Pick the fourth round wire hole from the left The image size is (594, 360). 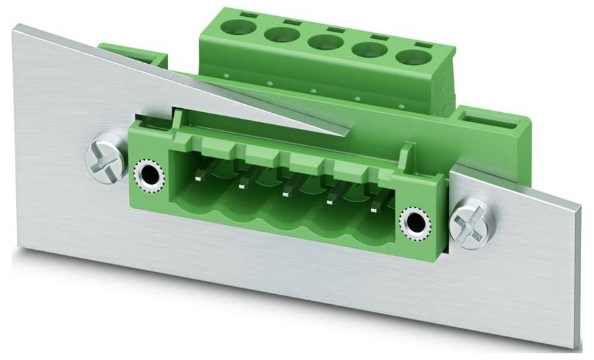click(x=366, y=49)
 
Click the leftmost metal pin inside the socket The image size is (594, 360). click(x=201, y=176)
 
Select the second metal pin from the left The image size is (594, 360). click(x=244, y=183)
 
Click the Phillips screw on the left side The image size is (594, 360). click(x=105, y=159)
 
